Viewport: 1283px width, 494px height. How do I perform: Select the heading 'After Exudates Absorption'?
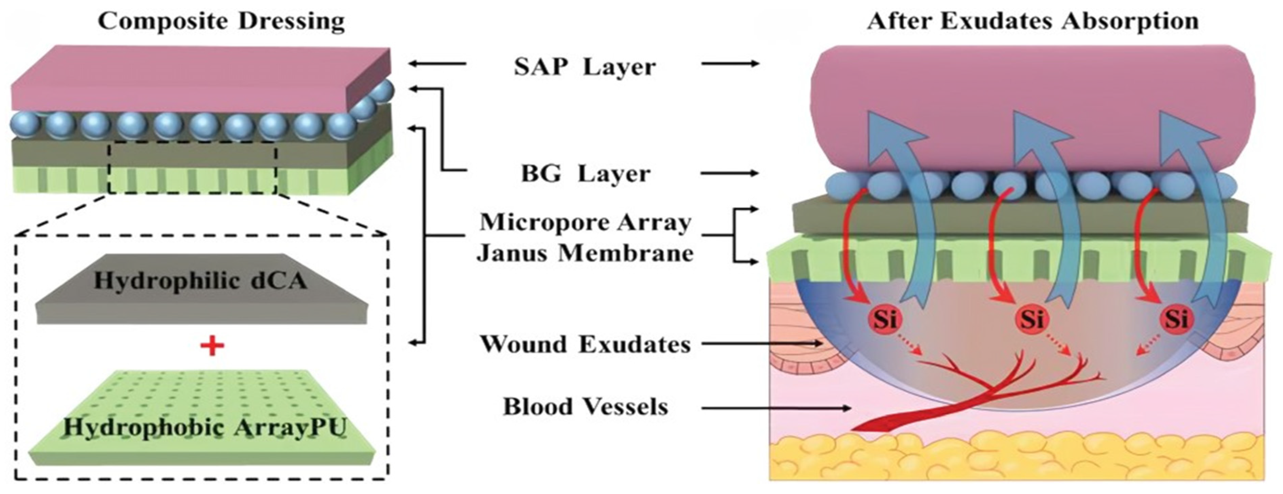click(x=1033, y=21)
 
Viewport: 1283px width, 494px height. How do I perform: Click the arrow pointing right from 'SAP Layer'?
click(x=730, y=64)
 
